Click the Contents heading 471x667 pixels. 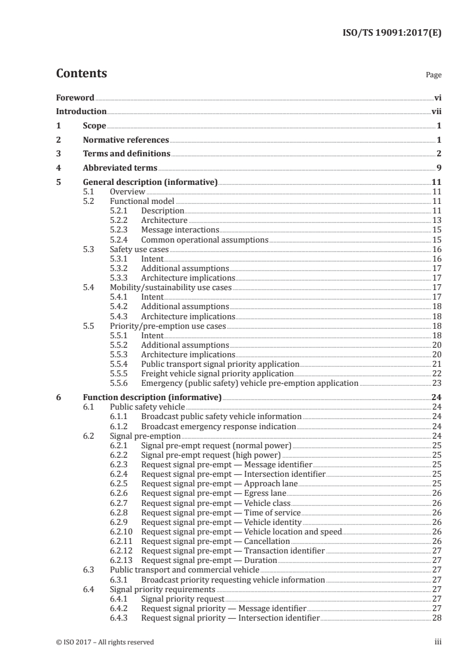pos(81,74)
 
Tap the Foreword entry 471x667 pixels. pos(75,97)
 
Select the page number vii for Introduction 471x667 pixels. pos(437,111)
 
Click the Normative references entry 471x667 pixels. pos(126,140)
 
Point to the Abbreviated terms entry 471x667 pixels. pos(120,168)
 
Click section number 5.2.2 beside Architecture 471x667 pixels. pos(120,221)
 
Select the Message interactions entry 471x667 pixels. pos(180,230)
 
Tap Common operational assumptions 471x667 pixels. pos(204,240)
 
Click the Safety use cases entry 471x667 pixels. pos(138,250)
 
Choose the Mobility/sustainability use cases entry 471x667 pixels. pos(170,288)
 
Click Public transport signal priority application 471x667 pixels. pos(220,364)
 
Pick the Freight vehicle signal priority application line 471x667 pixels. pos(217,374)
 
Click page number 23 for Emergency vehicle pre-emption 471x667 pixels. pos(436,383)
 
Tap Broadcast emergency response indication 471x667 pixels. pos(218,426)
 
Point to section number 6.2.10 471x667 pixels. pos(122,531)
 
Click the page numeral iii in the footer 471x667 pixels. pos(438,642)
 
